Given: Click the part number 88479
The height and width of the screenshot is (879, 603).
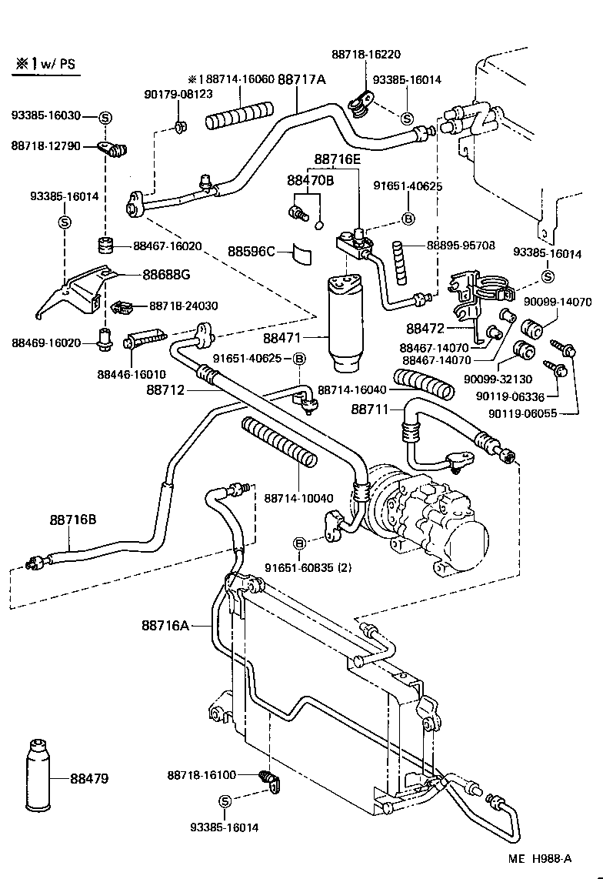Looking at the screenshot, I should (x=90, y=778).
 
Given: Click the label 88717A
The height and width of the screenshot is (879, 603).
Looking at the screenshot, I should (x=301, y=79).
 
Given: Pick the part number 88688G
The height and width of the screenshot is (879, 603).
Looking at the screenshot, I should (x=164, y=275).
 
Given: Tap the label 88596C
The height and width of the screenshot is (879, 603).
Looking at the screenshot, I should (x=251, y=251).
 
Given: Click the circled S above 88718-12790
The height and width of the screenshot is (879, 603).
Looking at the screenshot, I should (x=105, y=116).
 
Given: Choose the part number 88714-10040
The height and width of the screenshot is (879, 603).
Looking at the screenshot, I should (x=298, y=498).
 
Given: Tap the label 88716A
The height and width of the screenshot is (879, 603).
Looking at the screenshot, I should (x=165, y=625).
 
